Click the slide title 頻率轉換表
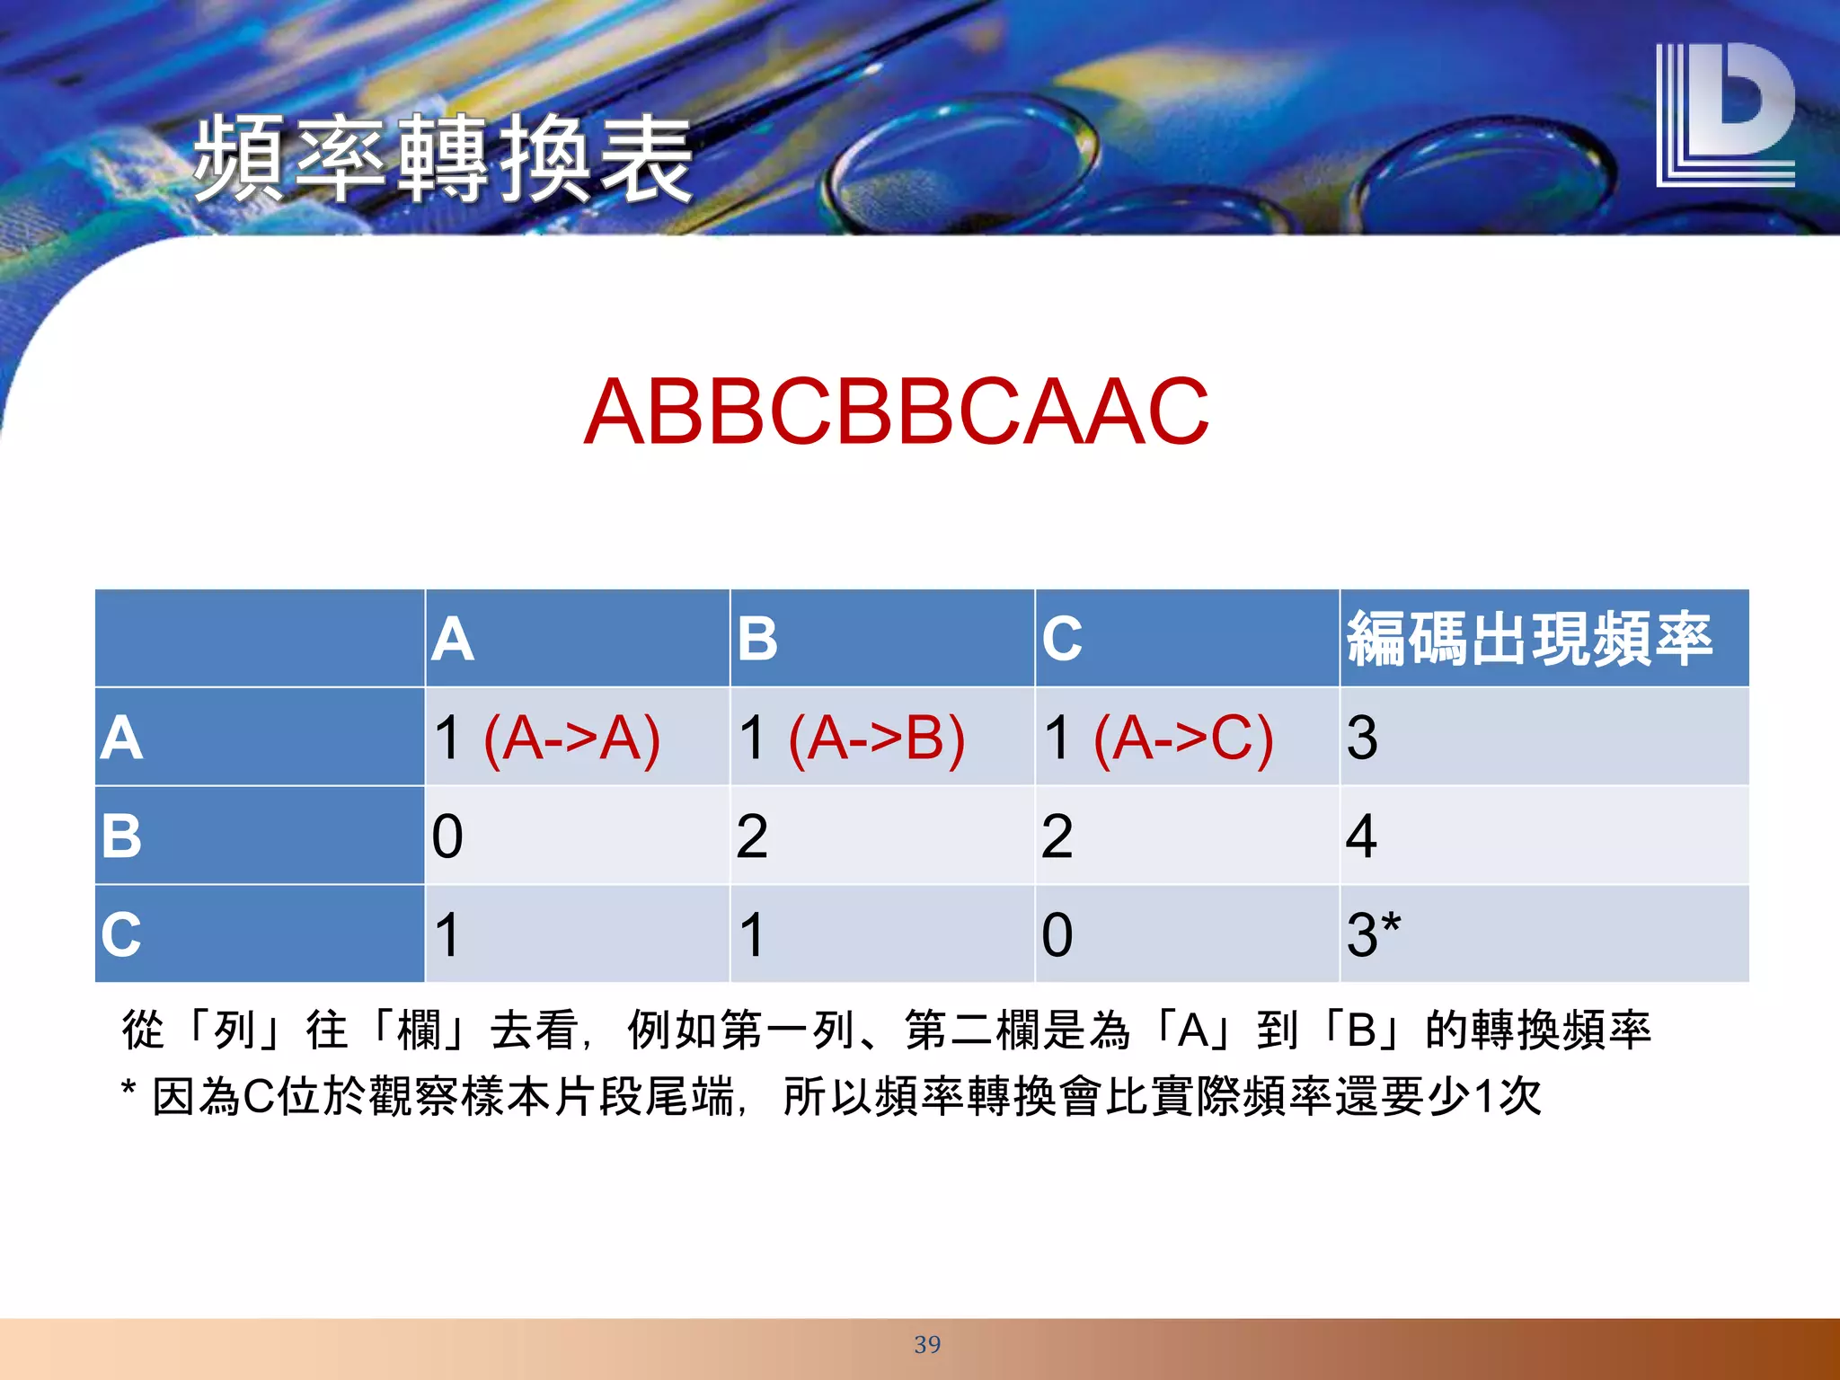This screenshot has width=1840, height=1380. tap(442, 160)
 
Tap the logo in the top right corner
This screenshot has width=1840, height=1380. tap(1724, 115)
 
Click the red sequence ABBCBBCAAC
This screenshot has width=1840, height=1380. tap(896, 412)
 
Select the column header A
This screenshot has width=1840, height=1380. tap(453, 640)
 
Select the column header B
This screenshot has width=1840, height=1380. tap(757, 640)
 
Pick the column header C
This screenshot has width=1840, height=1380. tap(1062, 640)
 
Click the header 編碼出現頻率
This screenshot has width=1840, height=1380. tap(1529, 640)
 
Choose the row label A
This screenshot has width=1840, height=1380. tap(122, 738)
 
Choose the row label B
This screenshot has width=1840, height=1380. tap(122, 836)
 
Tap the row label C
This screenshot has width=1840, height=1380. tap(122, 934)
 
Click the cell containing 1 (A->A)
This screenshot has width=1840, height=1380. tap(546, 738)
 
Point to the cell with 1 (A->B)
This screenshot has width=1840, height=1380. tap(851, 738)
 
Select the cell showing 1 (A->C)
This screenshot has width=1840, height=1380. tap(1157, 738)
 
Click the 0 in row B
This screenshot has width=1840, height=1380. tap(447, 836)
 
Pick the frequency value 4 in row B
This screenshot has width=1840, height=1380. tap(1361, 836)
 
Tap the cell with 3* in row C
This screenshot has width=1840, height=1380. tap(1373, 934)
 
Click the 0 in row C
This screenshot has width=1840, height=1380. tap(1057, 934)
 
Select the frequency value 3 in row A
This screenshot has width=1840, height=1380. tap(1362, 738)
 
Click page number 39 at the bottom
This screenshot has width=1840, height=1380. tap(927, 1344)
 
